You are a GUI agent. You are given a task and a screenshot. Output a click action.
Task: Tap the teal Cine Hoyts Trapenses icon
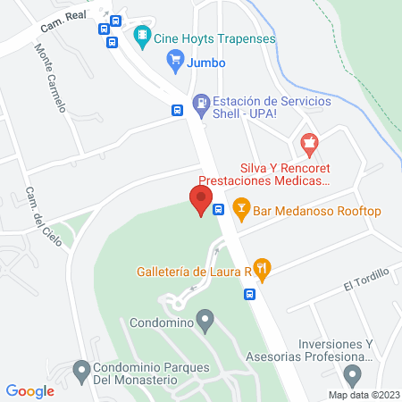click(x=141, y=37)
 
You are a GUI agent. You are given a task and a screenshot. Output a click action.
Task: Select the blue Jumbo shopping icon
click(x=175, y=63)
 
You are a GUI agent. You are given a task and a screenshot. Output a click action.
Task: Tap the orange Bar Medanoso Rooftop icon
click(x=240, y=210)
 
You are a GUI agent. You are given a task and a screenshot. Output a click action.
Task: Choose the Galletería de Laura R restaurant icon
click(x=261, y=267)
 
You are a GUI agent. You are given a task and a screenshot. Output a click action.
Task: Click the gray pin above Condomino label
click(x=206, y=318)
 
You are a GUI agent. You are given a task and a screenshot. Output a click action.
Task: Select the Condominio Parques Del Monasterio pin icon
click(x=82, y=368)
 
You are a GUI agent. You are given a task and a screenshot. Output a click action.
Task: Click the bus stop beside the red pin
click(x=219, y=210)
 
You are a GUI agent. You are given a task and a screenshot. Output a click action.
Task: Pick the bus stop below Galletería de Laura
click(x=251, y=293)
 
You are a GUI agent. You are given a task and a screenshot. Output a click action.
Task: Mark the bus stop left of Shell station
click(x=178, y=111)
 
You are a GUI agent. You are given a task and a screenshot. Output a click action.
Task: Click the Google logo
click(x=30, y=390)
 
